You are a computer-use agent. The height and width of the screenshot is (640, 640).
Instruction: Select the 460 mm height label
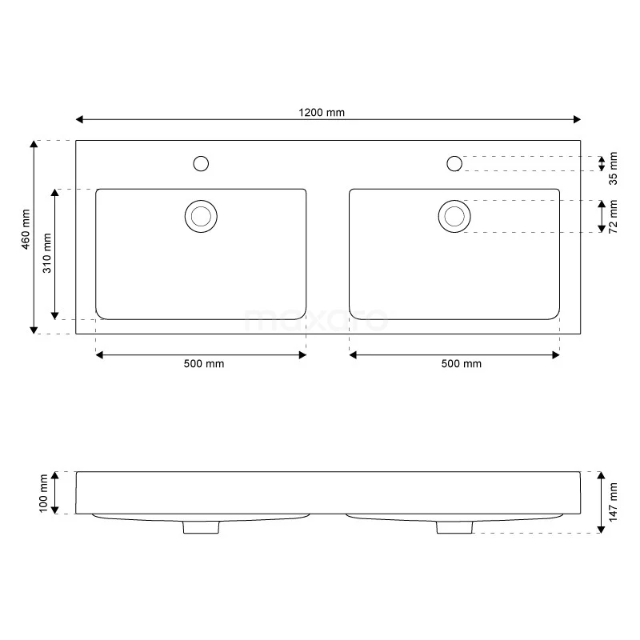26,230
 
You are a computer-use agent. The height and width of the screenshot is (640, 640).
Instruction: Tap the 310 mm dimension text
47,253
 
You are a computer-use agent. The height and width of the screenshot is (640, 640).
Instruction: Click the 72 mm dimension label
614,216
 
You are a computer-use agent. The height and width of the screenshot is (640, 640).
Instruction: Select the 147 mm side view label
614,502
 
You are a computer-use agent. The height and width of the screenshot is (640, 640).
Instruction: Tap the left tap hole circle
202,164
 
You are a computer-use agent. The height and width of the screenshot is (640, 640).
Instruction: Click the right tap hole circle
454,164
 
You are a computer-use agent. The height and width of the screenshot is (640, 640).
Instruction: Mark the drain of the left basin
201,216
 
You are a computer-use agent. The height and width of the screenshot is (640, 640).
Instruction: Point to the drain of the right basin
454,216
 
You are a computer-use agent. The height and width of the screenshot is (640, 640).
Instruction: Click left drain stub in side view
201,526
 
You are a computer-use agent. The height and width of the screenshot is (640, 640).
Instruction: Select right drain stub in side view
454,526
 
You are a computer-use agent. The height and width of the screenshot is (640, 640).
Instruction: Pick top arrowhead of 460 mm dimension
34,144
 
